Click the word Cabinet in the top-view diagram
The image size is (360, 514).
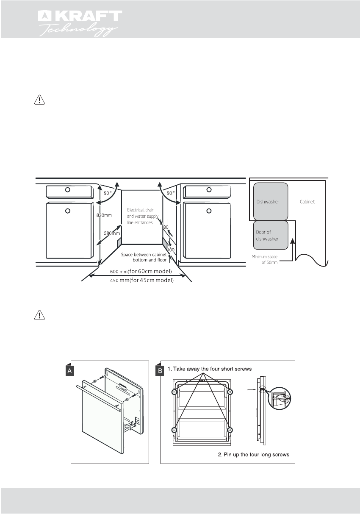[307, 202]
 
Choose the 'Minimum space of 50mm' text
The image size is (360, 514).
[265, 259]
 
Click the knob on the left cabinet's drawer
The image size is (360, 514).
[67, 190]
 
